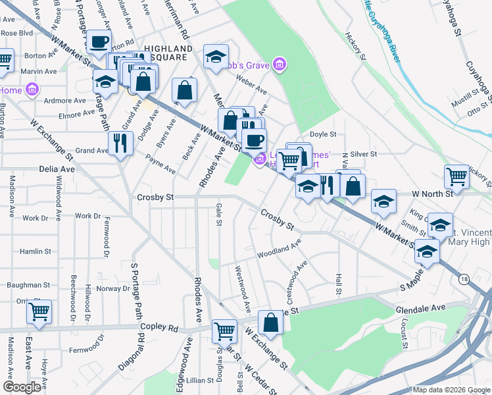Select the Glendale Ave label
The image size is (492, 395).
[x=420, y=308]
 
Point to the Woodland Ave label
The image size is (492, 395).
[x=279, y=250]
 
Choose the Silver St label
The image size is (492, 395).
[x=363, y=154]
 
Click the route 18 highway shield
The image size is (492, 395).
[x=465, y=280]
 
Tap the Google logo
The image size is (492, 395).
[x=22, y=387]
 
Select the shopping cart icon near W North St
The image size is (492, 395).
[x=456, y=176]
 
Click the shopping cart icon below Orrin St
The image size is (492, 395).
[x=39, y=311]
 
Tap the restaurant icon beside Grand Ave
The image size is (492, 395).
[x=120, y=144]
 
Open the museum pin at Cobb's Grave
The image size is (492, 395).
[x=280, y=64]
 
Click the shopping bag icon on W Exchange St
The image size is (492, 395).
[x=270, y=323]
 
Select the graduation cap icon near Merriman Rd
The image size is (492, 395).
[x=215, y=57]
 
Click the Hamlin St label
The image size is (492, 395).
[x=36, y=251]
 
